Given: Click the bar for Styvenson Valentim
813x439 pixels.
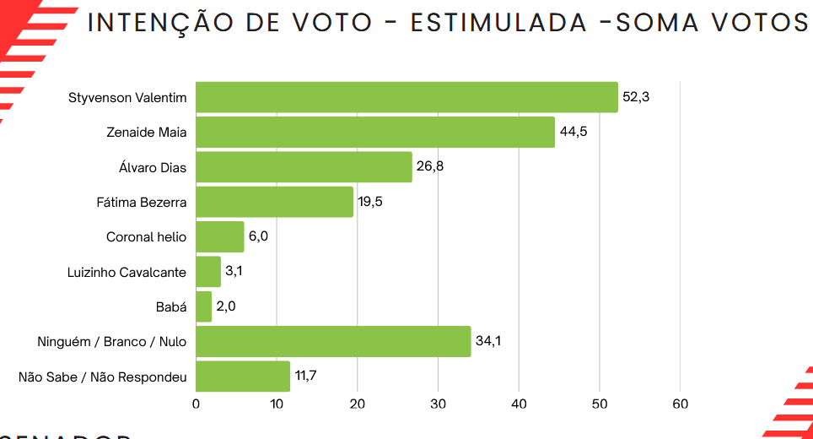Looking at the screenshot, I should click(x=406, y=97).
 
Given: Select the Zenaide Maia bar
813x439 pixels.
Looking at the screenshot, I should click(x=375, y=133).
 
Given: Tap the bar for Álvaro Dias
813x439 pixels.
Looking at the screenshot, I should click(x=304, y=167).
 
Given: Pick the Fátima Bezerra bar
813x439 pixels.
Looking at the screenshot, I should click(x=274, y=202).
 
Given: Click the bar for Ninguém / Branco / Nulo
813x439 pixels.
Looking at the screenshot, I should click(x=333, y=341).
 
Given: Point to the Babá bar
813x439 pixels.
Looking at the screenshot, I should click(x=204, y=306).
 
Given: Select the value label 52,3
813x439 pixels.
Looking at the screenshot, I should click(x=636, y=97).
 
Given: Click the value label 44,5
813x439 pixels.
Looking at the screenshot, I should click(x=573, y=133).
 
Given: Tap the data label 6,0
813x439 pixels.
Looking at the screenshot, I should click(x=258, y=236).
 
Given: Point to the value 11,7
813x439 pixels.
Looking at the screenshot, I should click(x=305, y=376).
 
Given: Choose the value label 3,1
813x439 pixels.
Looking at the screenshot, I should click(x=234, y=272).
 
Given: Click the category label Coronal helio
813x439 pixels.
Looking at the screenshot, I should click(x=146, y=237).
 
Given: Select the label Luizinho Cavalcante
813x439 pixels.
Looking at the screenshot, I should click(x=127, y=272).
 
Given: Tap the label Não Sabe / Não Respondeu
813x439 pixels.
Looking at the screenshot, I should click(x=102, y=377).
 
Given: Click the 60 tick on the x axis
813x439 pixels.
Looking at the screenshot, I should click(x=680, y=404).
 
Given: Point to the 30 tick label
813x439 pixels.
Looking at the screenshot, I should click(x=438, y=404).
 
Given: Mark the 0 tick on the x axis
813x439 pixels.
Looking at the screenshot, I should click(x=196, y=404).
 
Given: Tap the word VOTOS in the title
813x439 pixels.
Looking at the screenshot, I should click(x=760, y=23).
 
